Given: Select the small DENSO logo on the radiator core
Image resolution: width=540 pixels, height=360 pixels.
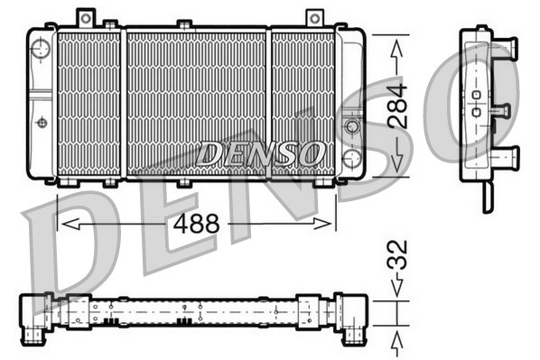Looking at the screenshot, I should pos(261,153).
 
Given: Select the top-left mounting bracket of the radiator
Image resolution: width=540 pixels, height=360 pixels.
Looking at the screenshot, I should pos(86,17).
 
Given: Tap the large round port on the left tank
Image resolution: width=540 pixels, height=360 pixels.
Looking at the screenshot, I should pos(39,50).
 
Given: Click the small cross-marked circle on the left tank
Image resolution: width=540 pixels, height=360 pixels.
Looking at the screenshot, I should pos(41,122).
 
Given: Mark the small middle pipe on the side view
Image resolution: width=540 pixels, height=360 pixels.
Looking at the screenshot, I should pos(499,110).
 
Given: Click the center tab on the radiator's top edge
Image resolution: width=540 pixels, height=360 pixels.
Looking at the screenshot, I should pos(183,24).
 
